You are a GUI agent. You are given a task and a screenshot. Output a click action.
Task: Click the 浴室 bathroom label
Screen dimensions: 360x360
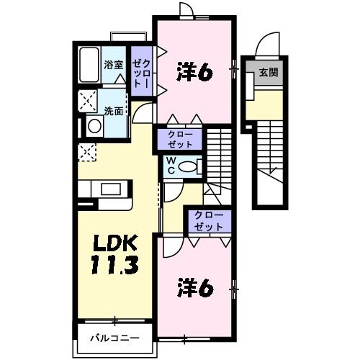[113, 64]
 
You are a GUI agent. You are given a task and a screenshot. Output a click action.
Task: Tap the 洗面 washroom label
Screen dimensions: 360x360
[113, 112]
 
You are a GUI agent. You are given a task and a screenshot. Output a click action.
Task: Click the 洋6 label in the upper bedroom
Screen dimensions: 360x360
[194, 72]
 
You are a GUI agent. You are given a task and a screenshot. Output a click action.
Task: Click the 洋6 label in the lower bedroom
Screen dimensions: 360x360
[194, 288]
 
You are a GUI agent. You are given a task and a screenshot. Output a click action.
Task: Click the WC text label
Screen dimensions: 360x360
[174, 166]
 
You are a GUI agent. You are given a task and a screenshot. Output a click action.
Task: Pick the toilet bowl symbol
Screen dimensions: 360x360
[190, 166]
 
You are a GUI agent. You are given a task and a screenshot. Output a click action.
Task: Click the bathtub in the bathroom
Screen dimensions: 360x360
[89, 66]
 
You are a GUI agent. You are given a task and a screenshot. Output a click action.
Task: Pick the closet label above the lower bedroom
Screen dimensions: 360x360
[207, 221]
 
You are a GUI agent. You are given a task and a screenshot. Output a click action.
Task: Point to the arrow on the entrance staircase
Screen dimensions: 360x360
[272, 170]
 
